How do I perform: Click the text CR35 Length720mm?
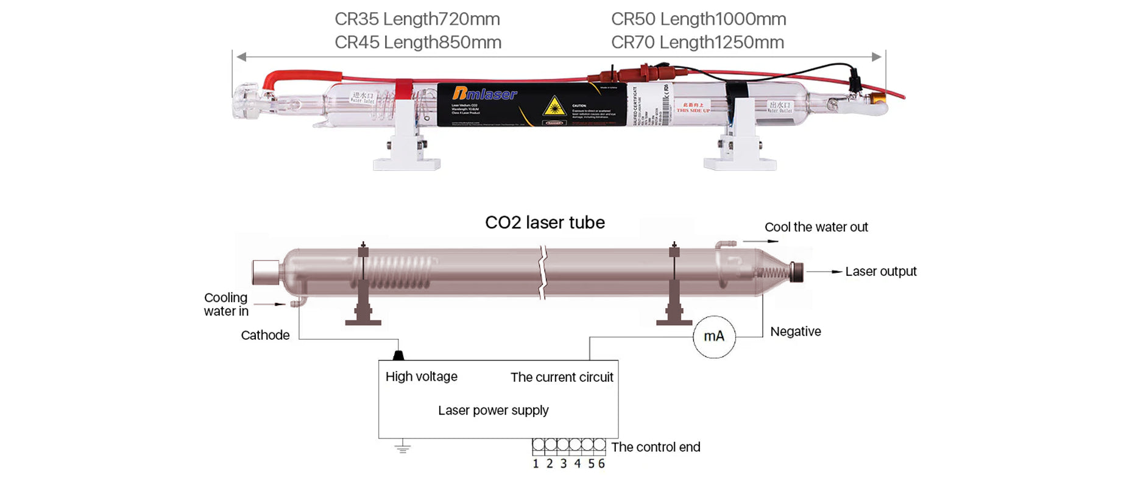pyautogui.click(x=417, y=19)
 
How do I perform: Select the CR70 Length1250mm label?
pyautogui.click(x=697, y=43)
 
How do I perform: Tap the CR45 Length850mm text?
pyautogui.click(x=417, y=43)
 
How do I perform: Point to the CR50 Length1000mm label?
pyautogui.click(x=698, y=19)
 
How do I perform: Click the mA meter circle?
pyautogui.click(x=714, y=337)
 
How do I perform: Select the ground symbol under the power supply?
pyautogui.click(x=402, y=449)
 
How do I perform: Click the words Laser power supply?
pyautogui.click(x=493, y=410)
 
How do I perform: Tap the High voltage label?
pyautogui.click(x=421, y=377)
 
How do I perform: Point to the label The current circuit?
pyautogui.click(x=562, y=378)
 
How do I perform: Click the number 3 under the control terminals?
pyautogui.click(x=564, y=464)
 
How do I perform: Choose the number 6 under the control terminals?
pyautogui.click(x=601, y=464)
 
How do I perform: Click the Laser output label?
pyautogui.click(x=880, y=272)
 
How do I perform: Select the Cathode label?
pyautogui.click(x=265, y=336)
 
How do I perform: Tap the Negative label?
pyautogui.click(x=795, y=332)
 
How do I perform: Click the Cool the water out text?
pyautogui.click(x=816, y=227)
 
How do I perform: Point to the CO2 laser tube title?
pyautogui.click(x=545, y=223)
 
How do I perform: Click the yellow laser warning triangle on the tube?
pyautogui.click(x=554, y=106)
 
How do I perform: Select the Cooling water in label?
pyautogui.click(x=226, y=304)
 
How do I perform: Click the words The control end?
pyautogui.click(x=656, y=448)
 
